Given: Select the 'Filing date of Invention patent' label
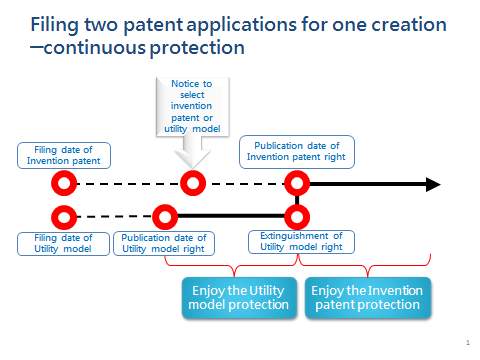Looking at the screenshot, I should (x=64, y=155).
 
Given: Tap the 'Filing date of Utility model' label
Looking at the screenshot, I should (x=62, y=243).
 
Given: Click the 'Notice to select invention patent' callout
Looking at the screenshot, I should (x=192, y=105).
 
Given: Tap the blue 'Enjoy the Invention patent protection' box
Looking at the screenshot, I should (x=368, y=298).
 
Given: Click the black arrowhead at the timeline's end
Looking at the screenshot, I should (x=432, y=184).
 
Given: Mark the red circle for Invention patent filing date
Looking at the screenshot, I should (x=64, y=184).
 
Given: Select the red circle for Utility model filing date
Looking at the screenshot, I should (x=64, y=215).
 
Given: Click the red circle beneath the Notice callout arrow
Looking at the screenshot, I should (x=192, y=184).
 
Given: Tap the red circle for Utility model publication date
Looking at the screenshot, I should (x=163, y=215).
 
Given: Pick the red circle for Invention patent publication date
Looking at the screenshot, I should (x=296, y=184).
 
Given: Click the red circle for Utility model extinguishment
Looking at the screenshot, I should (x=296, y=215).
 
